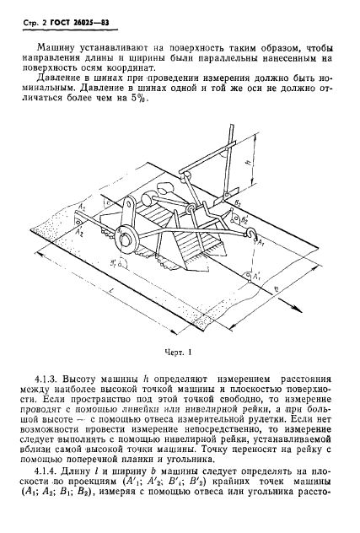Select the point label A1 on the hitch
(256, 246)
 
